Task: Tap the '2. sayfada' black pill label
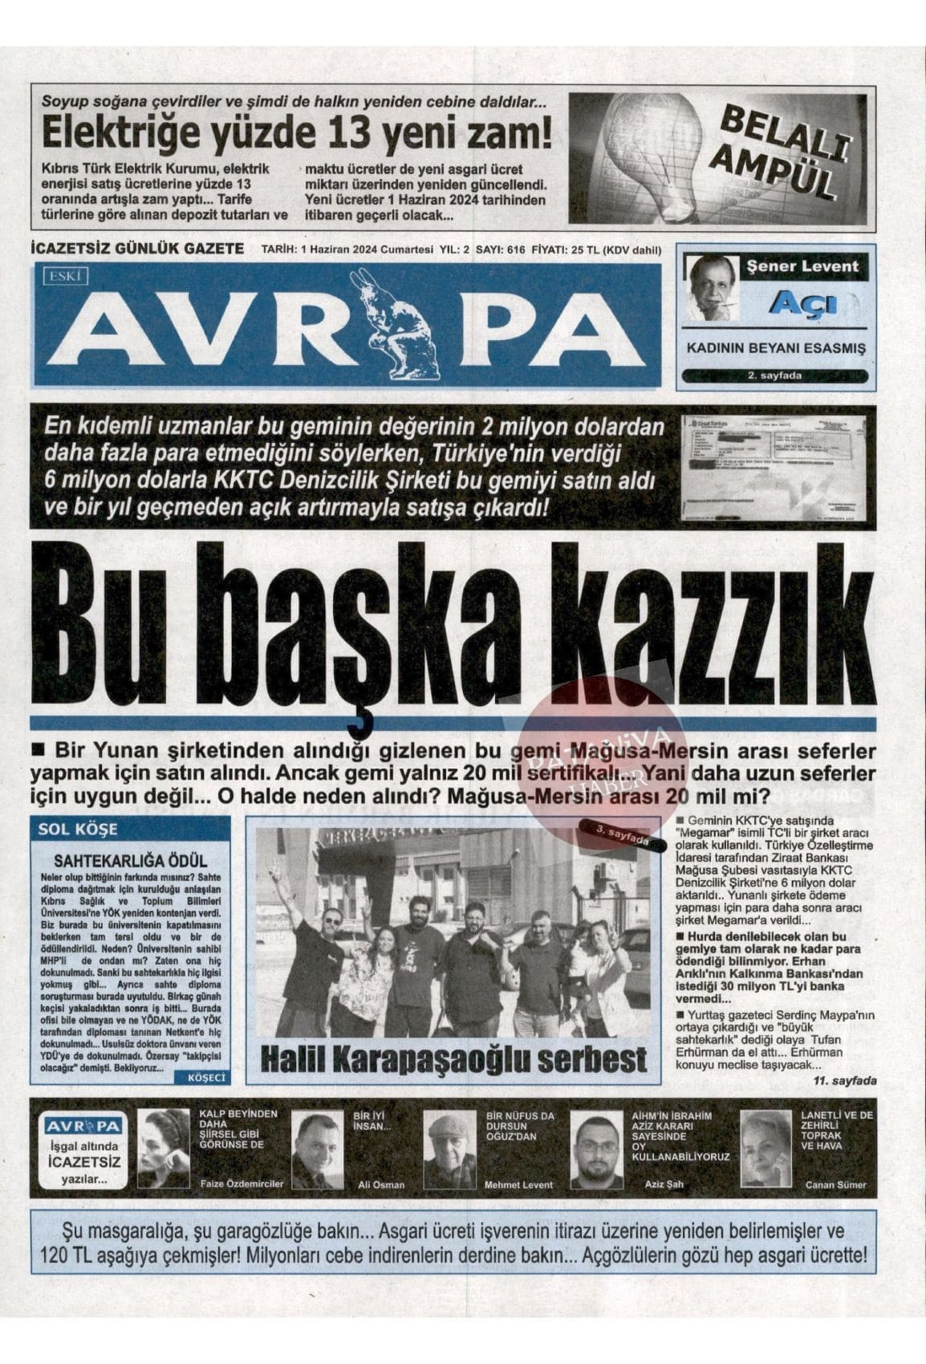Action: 774,376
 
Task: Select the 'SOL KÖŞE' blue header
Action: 78,828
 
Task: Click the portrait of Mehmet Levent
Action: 449,1149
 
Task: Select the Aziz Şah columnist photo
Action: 595,1150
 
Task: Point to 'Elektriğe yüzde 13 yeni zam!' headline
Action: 297,133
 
